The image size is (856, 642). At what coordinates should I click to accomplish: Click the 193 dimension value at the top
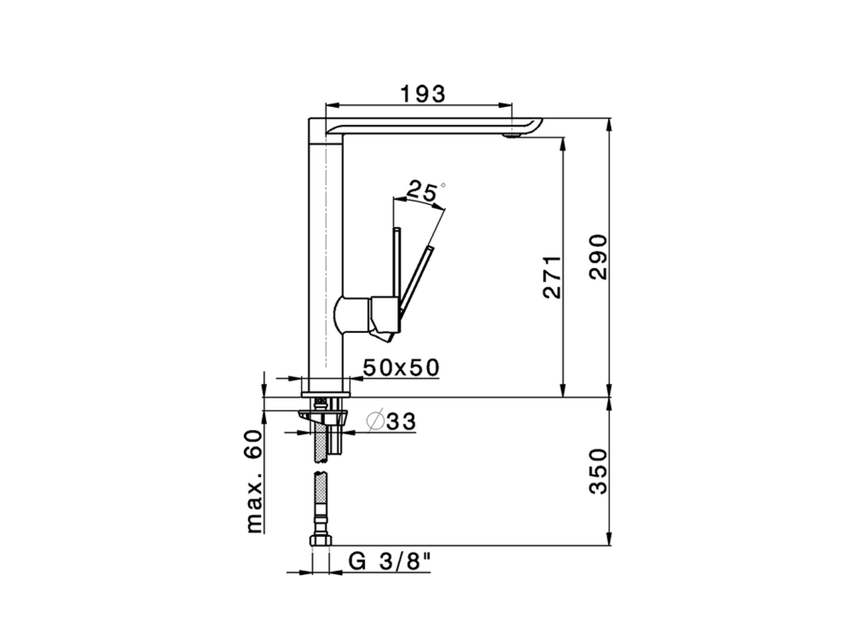pyautogui.click(x=422, y=94)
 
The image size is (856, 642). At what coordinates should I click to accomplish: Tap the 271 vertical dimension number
pyautogui.click(x=552, y=276)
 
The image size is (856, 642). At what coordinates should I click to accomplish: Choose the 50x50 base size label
pyautogui.click(x=401, y=367)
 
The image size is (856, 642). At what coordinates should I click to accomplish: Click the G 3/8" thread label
pyautogui.click(x=390, y=562)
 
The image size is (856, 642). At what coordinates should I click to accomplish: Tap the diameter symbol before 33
pyautogui.click(x=374, y=421)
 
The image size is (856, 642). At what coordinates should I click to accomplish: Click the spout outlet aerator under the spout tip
pyautogui.click(x=511, y=136)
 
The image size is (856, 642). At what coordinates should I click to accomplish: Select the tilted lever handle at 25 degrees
pyautogui.click(x=418, y=278)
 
